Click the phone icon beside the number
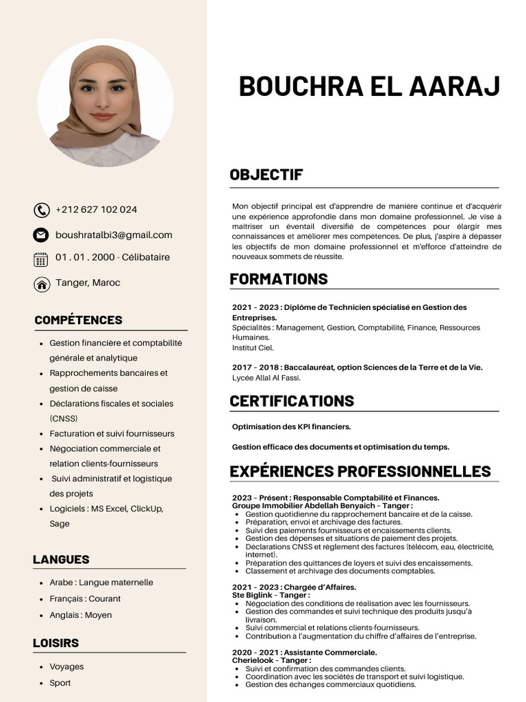42,210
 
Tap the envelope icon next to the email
42,235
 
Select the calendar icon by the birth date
41,258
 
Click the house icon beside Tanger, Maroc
42,284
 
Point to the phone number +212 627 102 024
96,210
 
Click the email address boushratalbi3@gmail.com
114,235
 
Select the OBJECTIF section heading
266,175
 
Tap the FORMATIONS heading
279,279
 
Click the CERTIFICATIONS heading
292,401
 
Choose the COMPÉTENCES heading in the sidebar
78,320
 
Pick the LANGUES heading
61,559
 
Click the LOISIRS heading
55,643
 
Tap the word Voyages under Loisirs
66,666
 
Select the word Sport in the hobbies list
60,683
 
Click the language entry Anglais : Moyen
81,615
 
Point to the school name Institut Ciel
253,348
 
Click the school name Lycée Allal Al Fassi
266,378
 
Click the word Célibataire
146,258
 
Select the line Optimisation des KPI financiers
291,427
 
